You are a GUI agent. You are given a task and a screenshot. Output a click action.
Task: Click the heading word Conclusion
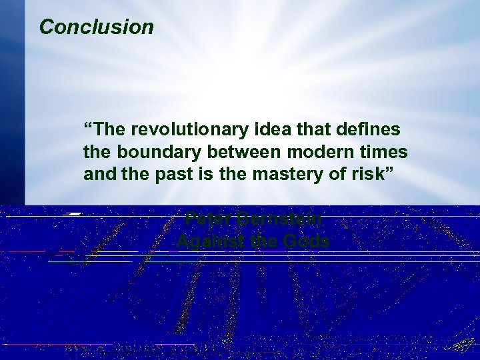pos(96,27)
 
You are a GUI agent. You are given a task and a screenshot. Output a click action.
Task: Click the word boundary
pos(158,151)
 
